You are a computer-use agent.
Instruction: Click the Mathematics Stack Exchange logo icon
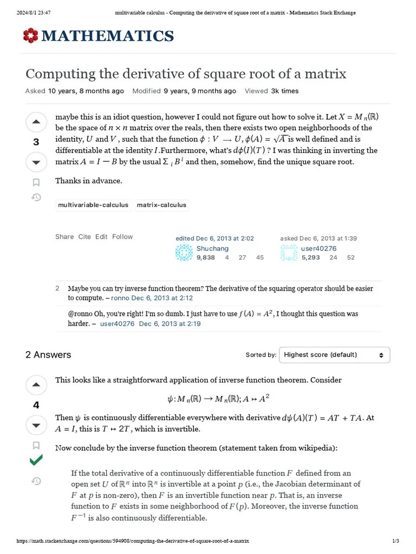click(x=30, y=36)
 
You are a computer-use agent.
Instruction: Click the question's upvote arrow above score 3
click(x=36, y=122)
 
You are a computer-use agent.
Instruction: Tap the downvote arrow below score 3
click(x=36, y=162)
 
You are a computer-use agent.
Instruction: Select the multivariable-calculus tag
click(x=93, y=205)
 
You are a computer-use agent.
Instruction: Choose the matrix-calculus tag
click(x=161, y=205)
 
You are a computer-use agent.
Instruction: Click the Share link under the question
click(x=64, y=236)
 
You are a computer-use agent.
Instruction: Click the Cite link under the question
click(x=84, y=236)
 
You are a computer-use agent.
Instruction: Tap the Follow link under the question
click(x=122, y=236)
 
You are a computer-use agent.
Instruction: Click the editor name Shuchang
click(x=212, y=248)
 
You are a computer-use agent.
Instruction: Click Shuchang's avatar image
click(x=184, y=253)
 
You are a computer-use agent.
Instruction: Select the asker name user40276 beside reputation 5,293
click(x=318, y=248)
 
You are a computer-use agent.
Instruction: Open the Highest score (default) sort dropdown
click(x=334, y=355)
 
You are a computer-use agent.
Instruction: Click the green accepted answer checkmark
click(x=36, y=460)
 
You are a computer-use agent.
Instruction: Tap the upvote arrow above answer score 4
click(x=36, y=385)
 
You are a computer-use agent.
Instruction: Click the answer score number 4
click(x=36, y=405)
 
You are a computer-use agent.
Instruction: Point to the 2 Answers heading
click(x=48, y=355)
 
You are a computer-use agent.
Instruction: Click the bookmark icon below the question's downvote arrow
click(x=36, y=182)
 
